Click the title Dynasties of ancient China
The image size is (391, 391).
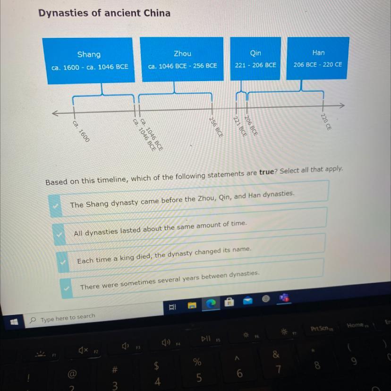(104, 13)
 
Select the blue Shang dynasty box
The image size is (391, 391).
(89, 60)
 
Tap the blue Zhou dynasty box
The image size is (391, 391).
(182, 59)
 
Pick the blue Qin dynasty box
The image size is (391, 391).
(255, 59)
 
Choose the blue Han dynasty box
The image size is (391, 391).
(318, 59)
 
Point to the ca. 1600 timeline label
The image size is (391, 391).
(81, 130)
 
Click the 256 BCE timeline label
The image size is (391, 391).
(216, 126)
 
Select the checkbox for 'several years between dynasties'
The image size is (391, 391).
(67, 287)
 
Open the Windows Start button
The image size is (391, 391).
(14, 322)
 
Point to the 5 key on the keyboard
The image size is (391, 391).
(199, 371)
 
